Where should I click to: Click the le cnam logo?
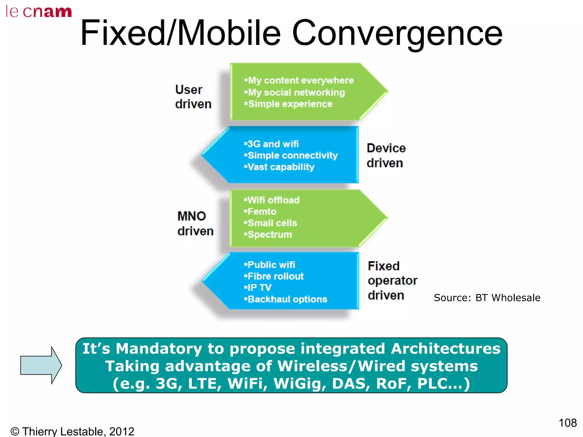[39, 12]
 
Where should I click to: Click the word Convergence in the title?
[397, 33]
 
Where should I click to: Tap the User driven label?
[193, 97]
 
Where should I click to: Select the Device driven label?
[386, 155]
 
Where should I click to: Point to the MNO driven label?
[195, 223]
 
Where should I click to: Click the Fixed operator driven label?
[392, 281]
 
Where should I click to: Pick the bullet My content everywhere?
[299, 81]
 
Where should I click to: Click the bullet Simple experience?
[288, 104]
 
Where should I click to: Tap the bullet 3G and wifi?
[271, 144]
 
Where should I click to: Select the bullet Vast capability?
[279, 167]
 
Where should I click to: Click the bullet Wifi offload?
[272, 200]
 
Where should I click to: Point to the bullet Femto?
[260, 212]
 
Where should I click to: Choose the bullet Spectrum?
[268, 235]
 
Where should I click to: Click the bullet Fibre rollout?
[274, 276]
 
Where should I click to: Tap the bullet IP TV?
[258, 288]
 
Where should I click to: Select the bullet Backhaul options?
[286, 299]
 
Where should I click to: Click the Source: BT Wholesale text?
[487, 298]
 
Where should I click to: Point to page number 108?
[567, 423]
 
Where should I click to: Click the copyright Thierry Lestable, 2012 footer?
[72, 431]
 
